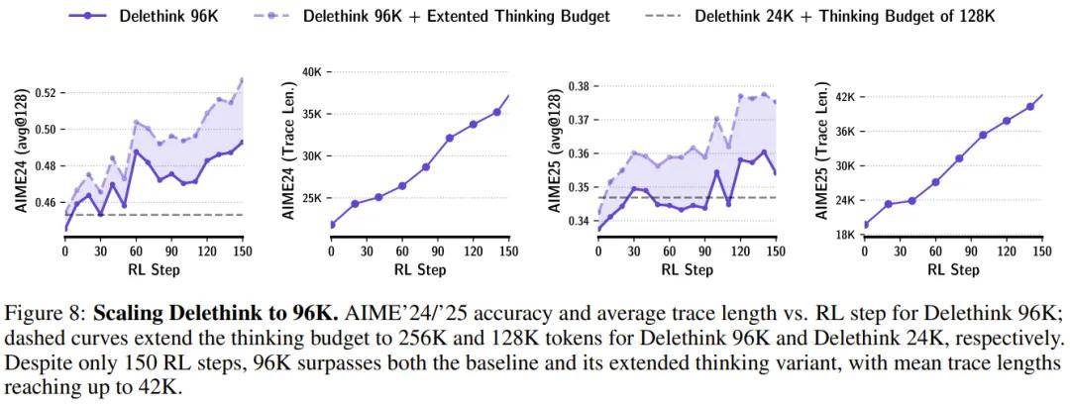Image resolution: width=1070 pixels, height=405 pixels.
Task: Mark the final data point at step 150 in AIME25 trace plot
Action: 1041,96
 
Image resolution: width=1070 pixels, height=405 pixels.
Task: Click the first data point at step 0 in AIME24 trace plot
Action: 332,224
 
